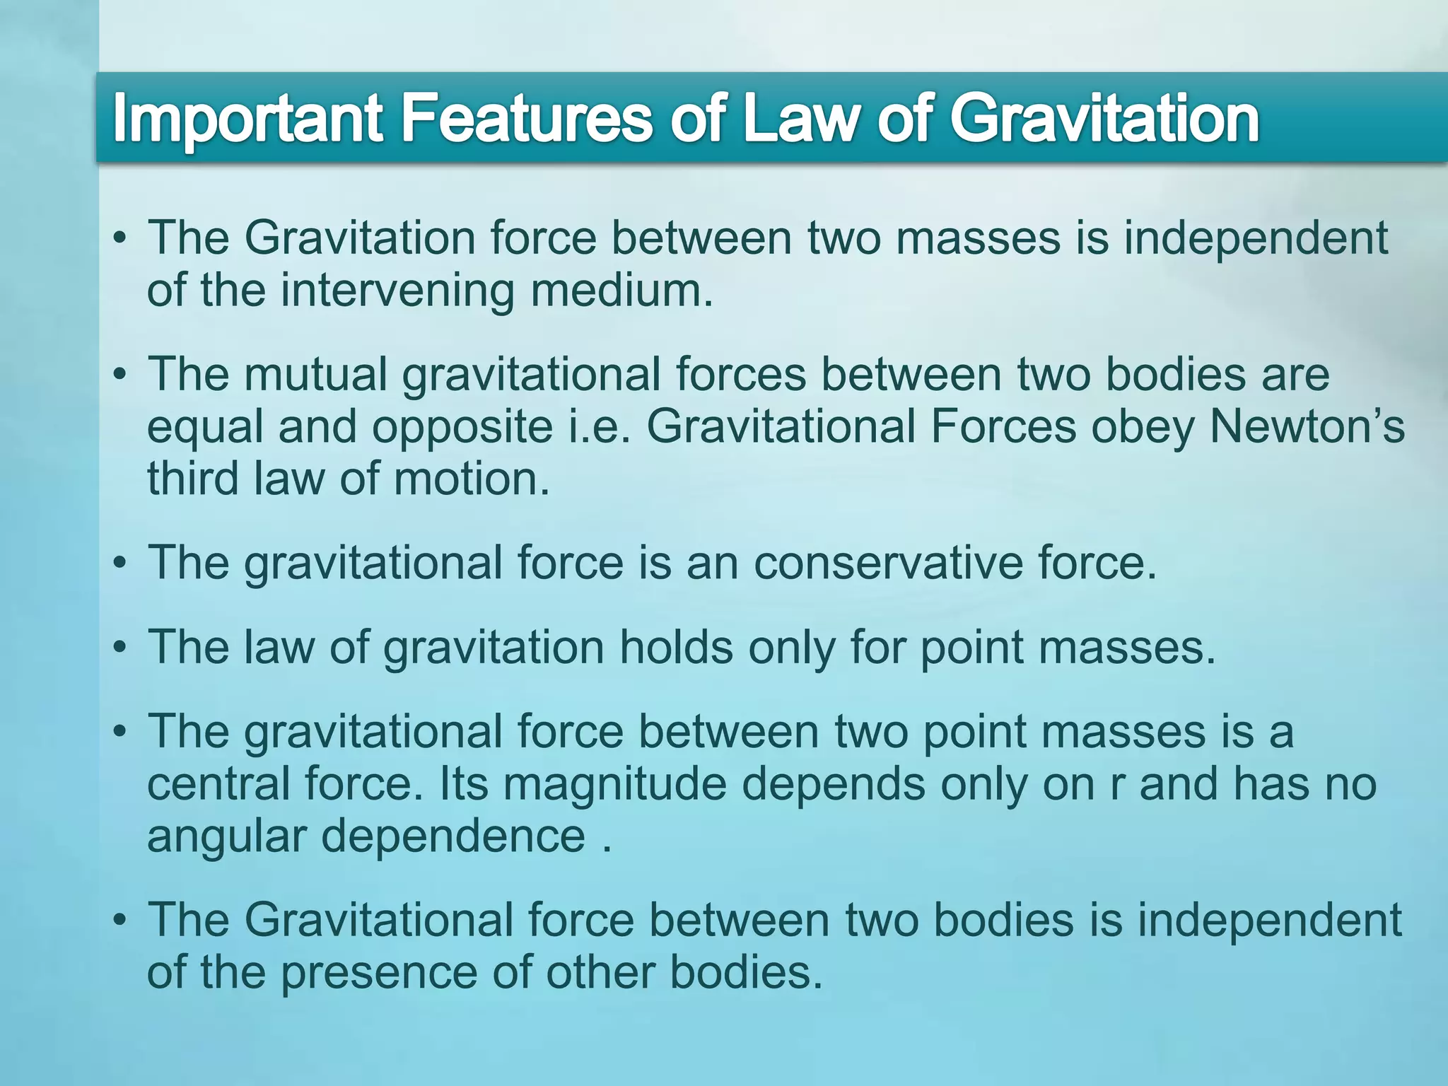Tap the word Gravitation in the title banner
click(x=1104, y=118)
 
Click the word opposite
click(x=462, y=427)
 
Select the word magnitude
click(x=614, y=785)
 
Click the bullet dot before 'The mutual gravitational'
click(x=121, y=374)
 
